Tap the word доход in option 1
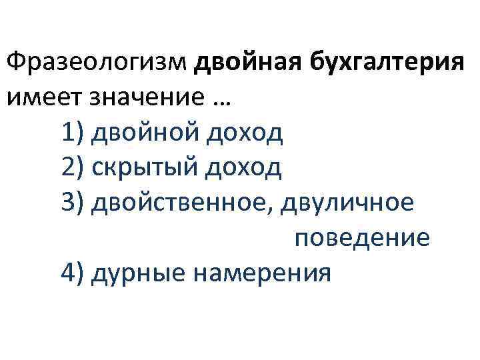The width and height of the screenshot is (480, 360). (x=243, y=133)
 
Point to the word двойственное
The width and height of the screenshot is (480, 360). (x=179, y=203)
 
